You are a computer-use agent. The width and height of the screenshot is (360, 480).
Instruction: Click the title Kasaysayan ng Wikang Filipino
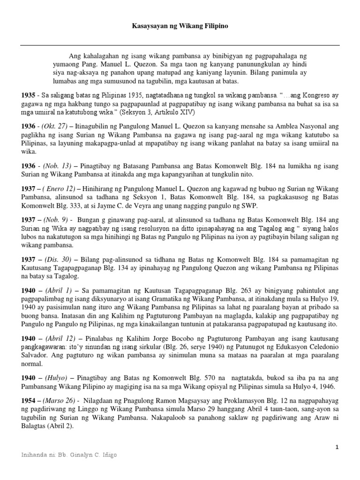click(180, 27)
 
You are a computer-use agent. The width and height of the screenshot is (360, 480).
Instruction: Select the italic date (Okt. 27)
click(55, 127)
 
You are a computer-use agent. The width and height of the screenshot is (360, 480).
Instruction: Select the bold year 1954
click(28, 401)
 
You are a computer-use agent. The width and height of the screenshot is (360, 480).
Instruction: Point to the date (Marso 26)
click(60, 401)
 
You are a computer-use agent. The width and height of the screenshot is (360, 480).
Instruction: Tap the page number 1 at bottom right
click(337, 448)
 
